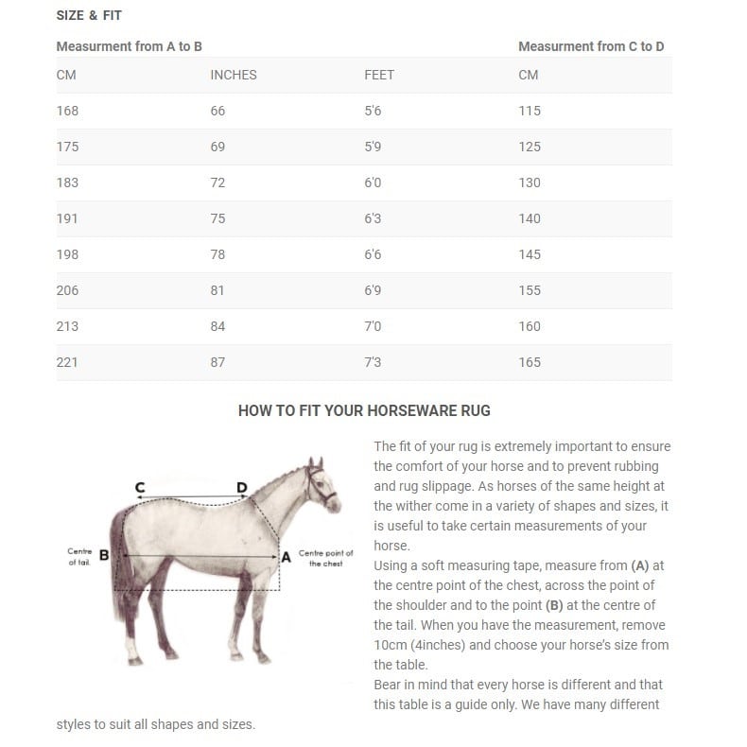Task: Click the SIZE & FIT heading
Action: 89,16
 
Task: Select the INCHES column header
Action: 233,75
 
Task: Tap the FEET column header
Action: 378,75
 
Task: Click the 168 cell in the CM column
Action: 67,111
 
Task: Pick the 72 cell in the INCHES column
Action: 217,182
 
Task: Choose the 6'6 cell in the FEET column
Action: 373,254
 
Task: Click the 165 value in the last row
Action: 530,362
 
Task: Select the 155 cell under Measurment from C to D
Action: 530,290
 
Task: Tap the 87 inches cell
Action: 217,362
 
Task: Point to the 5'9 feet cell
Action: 373,147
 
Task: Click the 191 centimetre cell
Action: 67,218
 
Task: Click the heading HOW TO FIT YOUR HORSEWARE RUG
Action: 364,410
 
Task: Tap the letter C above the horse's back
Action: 140,488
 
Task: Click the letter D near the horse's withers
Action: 242,488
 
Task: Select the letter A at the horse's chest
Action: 286,557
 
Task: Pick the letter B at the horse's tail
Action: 104,556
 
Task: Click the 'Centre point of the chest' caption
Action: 325,558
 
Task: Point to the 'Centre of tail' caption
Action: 78,556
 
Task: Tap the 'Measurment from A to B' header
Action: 129,46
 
